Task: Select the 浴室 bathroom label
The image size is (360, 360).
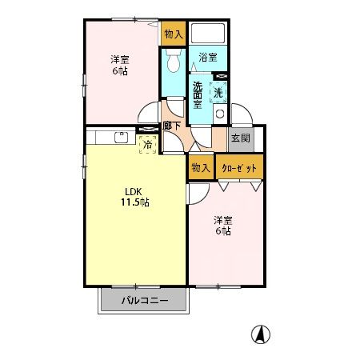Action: coord(208,57)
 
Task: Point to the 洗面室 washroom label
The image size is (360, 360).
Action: coord(198,91)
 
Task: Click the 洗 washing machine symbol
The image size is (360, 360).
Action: coord(218,92)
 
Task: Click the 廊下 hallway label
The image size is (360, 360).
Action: coord(170,125)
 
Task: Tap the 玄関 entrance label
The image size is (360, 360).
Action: coord(240,138)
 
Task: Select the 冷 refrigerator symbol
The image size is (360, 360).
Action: coord(147,144)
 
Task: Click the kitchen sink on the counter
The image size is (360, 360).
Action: coord(122,136)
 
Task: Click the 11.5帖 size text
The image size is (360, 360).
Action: coord(134,202)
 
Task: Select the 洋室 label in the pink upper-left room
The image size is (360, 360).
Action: coord(120,58)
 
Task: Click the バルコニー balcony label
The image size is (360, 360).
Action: coord(145,301)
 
